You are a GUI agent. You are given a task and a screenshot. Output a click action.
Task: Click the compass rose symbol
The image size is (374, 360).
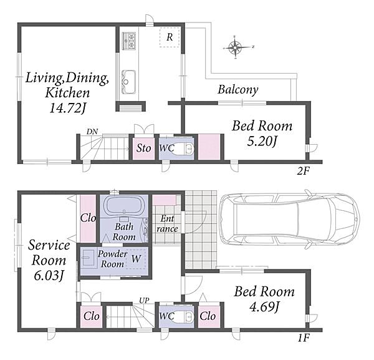pos(236,47)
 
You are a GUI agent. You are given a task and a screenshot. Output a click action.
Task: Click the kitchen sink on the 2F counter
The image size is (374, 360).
pos(128,82)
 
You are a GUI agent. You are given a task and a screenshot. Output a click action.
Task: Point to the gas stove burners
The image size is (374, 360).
pos(129,41)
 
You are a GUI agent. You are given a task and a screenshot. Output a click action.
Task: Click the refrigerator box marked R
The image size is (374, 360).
pos(170,37)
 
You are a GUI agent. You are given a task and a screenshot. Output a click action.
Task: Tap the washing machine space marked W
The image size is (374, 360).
pos(136,259)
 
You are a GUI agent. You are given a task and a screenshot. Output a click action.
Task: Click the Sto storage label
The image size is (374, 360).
pos(143,148)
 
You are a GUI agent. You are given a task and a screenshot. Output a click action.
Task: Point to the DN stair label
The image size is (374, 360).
pos(92,132)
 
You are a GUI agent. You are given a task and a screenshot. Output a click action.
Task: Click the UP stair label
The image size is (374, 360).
pos(144,301)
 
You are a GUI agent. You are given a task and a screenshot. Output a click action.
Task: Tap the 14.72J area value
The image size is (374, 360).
pos(67,109)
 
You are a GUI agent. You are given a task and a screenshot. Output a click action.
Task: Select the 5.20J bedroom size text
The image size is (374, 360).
pos(262,142)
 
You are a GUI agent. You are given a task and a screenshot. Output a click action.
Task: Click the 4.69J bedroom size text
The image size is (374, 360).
pos(264,307)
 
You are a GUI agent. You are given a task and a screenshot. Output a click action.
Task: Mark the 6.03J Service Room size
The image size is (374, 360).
pos(49,276)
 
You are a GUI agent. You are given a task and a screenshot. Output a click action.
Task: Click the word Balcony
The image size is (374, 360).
pos(238,90)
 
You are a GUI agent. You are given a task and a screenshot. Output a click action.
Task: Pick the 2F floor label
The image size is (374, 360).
pos(303,171)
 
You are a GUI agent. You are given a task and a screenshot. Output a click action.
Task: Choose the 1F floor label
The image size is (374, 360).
pos(304,338)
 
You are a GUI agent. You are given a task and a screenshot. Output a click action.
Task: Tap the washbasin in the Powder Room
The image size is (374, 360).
pos(88,258)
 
